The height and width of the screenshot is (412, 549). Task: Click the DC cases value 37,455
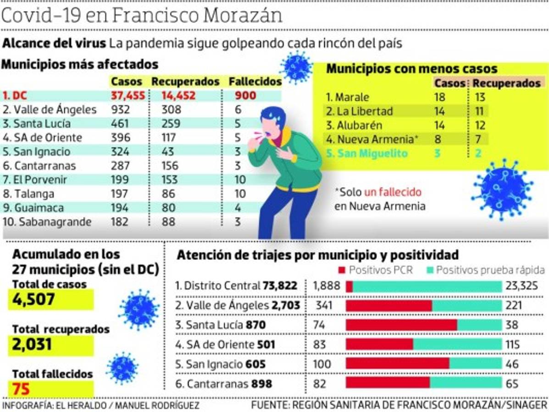128,96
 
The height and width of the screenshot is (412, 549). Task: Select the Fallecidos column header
255,81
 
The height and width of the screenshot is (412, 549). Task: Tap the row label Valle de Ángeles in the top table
50,110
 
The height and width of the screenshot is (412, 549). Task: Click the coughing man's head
274,122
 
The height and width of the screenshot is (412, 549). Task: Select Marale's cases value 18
440,97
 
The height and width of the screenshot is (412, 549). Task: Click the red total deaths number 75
21,389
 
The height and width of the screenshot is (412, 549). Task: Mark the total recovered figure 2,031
32,344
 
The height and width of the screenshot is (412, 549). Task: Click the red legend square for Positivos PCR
342,270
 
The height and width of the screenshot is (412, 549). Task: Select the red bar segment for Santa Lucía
401,325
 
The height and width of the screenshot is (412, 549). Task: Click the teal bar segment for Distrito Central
427,287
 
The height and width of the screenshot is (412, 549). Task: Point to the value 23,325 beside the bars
521,287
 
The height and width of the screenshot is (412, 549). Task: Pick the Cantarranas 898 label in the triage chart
229,384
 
